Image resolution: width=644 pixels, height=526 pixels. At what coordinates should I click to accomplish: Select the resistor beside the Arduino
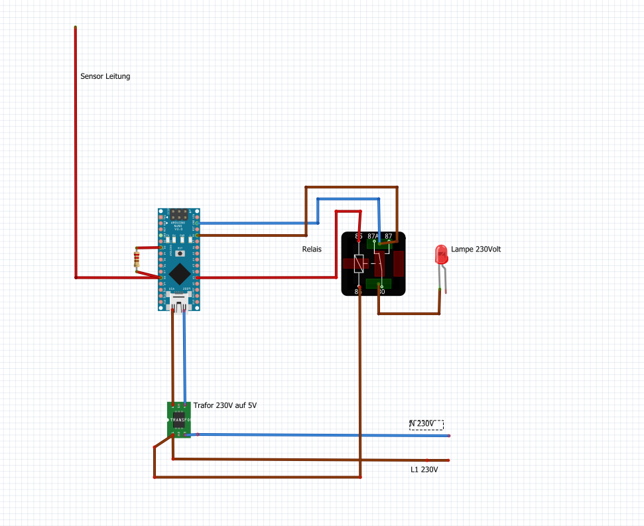click(137, 259)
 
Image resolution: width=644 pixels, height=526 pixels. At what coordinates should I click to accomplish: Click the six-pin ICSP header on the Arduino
click(178, 215)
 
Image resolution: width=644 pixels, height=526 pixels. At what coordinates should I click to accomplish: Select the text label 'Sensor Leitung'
click(105, 76)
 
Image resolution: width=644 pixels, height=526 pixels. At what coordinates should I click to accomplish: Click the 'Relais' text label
click(312, 250)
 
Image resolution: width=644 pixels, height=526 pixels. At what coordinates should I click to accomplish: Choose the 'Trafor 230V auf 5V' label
click(225, 405)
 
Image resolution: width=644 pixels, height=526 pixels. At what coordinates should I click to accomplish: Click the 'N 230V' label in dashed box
click(426, 424)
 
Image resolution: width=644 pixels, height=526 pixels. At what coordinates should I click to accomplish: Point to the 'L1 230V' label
click(424, 470)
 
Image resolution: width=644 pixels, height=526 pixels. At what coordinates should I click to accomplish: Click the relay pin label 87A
click(373, 236)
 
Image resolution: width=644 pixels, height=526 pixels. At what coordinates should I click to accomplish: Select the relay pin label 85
click(358, 236)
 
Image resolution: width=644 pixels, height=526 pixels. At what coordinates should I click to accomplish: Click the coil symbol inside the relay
click(359, 264)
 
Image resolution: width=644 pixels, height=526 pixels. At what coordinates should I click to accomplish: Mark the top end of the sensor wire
click(75, 28)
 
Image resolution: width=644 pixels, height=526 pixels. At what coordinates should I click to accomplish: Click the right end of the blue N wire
click(449, 436)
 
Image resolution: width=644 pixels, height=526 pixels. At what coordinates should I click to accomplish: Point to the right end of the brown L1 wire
click(449, 460)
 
